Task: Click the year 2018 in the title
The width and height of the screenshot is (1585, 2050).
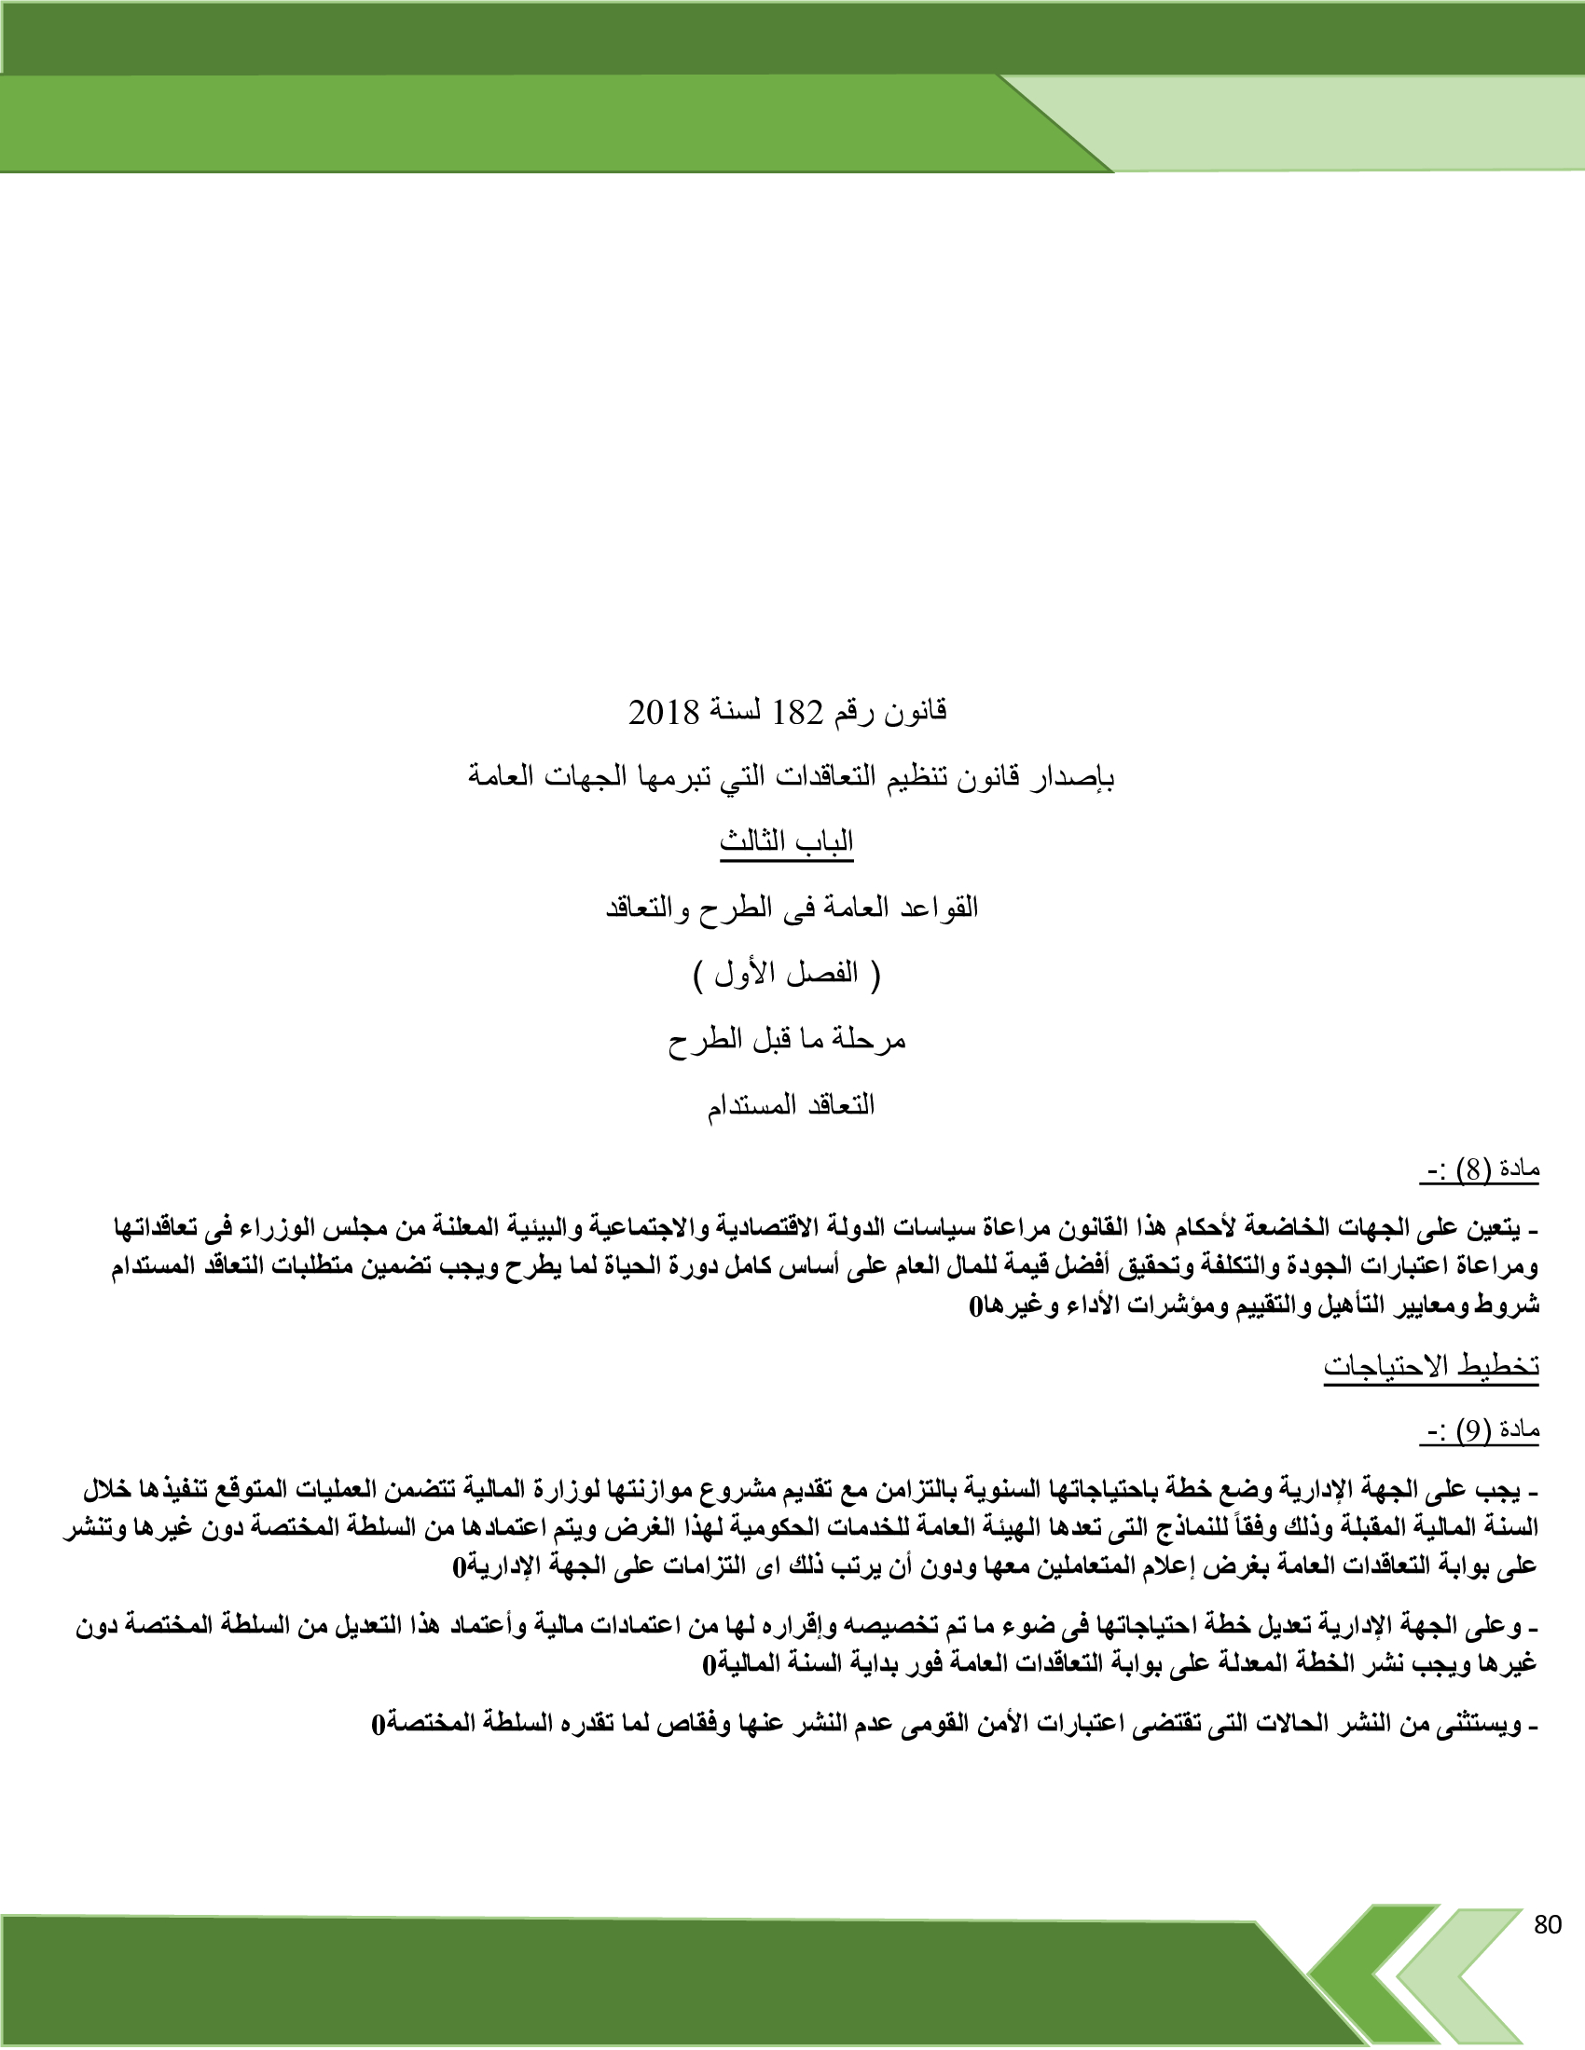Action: (664, 714)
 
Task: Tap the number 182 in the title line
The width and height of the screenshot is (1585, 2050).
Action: (797, 714)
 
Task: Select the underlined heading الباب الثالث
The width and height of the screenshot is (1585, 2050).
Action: (787, 842)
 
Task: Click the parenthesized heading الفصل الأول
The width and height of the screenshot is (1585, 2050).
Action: (787, 974)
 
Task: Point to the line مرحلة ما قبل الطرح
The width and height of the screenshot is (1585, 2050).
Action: (787, 1039)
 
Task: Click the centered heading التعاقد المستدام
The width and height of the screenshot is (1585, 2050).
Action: (791, 1105)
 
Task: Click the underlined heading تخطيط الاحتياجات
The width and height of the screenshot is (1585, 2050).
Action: (1431, 1366)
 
